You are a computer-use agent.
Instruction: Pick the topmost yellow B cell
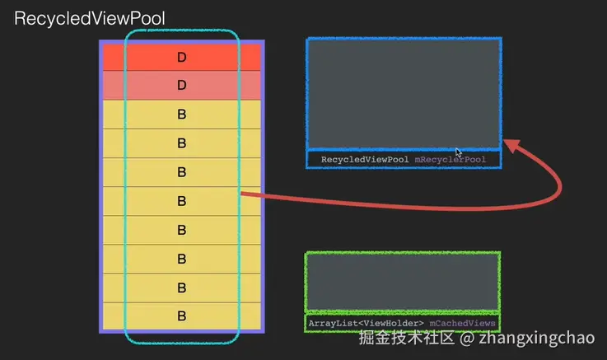(x=181, y=114)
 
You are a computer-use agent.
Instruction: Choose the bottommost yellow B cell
(x=181, y=316)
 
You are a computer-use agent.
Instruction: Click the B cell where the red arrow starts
(x=181, y=200)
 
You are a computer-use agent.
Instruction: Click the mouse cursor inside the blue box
(x=459, y=129)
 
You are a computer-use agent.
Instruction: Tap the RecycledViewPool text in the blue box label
(x=364, y=159)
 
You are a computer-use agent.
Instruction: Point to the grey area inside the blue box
(x=404, y=91)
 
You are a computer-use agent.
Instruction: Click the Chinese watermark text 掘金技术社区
(x=406, y=339)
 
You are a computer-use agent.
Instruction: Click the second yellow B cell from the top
(x=181, y=143)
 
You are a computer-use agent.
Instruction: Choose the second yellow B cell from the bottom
(x=181, y=288)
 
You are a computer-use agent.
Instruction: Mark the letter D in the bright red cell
(x=182, y=57)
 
